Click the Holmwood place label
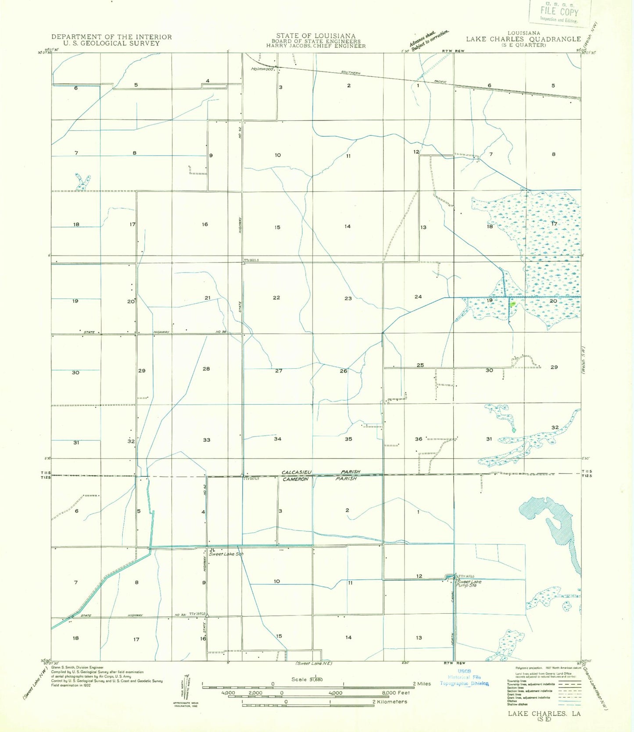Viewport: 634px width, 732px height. point(262,69)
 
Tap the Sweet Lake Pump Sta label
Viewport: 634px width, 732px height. point(469,583)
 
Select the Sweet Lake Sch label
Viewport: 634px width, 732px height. point(226,554)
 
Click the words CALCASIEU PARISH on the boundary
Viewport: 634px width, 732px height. point(321,472)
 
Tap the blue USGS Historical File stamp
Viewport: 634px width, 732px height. point(464,677)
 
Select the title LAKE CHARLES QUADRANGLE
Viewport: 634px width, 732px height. point(523,39)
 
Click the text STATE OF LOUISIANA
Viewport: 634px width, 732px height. point(315,36)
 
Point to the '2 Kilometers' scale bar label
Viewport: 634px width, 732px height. point(390,702)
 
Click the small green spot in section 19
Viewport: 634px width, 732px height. point(513,303)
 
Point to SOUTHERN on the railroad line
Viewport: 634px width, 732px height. point(351,73)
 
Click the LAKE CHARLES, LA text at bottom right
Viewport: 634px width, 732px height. point(544,714)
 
